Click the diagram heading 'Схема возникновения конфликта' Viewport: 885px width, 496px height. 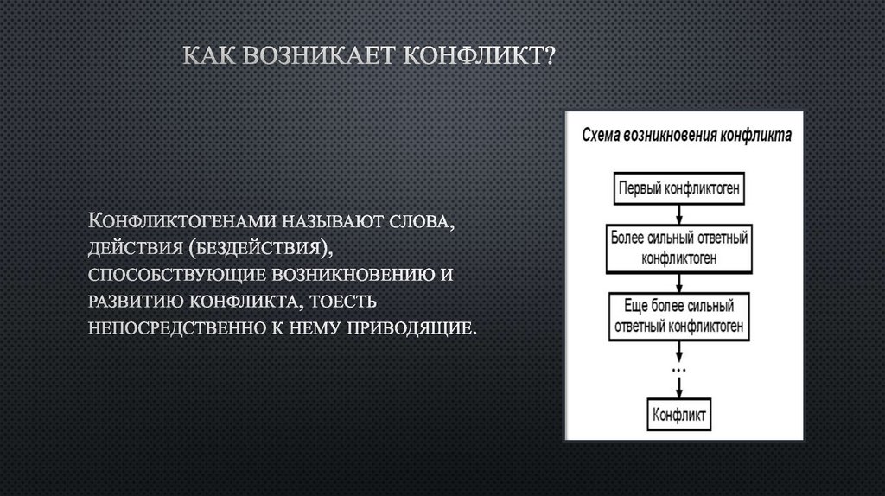[x=684, y=136]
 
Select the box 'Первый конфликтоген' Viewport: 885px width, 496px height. [x=679, y=188]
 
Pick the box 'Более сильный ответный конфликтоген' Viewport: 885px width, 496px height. [x=679, y=245]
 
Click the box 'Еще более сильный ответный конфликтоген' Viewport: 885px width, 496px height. [x=679, y=317]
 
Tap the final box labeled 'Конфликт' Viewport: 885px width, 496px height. [x=679, y=414]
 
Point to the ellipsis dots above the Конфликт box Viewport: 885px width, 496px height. [x=679, y=371]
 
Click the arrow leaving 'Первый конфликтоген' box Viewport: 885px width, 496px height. [x=679, y=214]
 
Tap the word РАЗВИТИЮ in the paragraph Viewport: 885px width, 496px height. [x=135, y=303]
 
